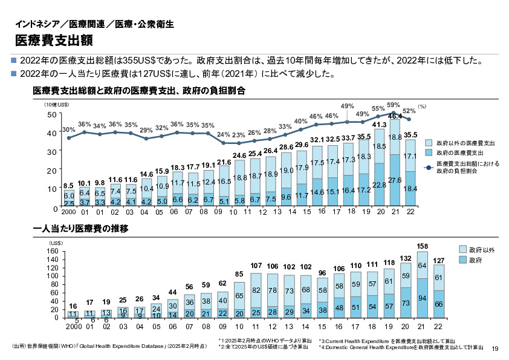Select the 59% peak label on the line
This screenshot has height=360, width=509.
[394, 105]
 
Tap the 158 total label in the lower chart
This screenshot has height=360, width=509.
[424, 246]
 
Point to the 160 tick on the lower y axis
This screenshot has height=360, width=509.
[51, 251]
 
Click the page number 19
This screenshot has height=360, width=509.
[496, 348]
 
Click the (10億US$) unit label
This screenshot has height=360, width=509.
[56, 105]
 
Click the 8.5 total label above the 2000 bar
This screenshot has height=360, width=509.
[69, 186]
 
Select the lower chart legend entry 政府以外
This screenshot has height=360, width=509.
[482, 249]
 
